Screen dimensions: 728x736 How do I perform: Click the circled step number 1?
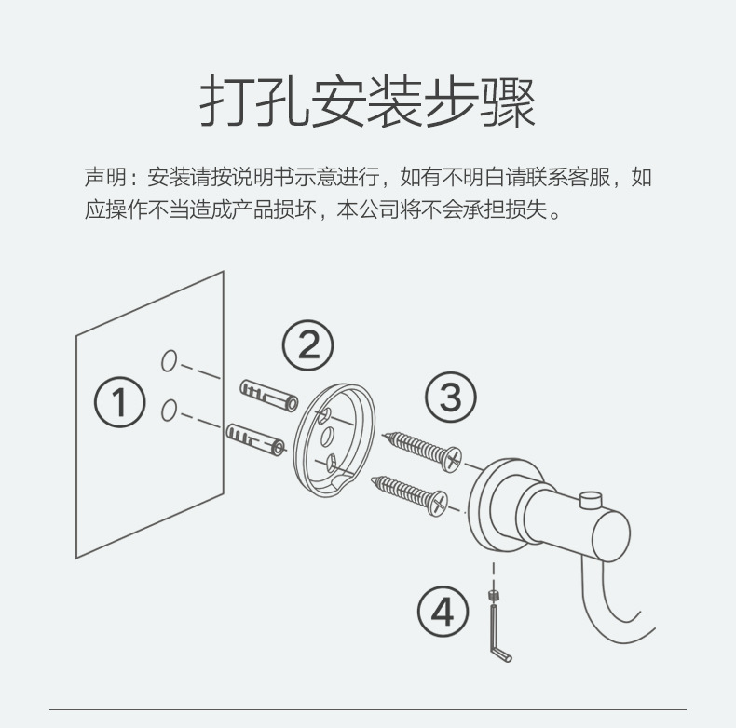[120, 403]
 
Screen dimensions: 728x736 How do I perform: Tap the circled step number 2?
[307, 345]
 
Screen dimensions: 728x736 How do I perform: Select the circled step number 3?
[450, 398]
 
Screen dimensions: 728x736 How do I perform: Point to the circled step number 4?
[443, 613]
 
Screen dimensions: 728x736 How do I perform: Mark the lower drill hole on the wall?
[170, 410]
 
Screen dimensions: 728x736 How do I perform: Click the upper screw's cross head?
[453, 458]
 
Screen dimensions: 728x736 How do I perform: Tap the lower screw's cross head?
[436, 504]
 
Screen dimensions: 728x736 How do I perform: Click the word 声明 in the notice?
[102, 177]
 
